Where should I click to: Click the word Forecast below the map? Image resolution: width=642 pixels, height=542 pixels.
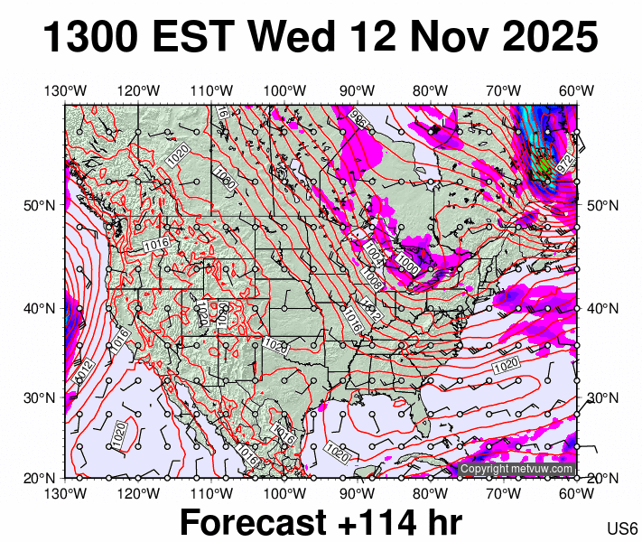click(x=252, y=522)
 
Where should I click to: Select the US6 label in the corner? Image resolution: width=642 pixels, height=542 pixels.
click(x=623, y=528)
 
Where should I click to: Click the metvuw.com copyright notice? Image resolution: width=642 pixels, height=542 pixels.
click(x=516, y=469)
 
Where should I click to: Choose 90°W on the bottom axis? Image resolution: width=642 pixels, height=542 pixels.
click(x=358, y=493)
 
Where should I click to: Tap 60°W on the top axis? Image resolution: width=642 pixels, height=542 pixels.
click(x=576, y=90)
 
